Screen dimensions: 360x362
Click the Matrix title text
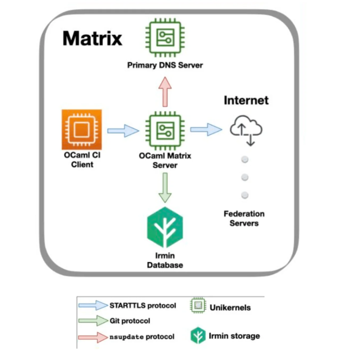tap(92, 39)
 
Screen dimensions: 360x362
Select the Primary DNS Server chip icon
tap(165, 37)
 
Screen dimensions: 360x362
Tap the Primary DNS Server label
tap(165, 65)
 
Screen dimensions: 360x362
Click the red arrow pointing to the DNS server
tap(165, 92)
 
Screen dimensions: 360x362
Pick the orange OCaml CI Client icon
tap(82, 129)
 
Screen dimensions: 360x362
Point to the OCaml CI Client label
tap(82, 160)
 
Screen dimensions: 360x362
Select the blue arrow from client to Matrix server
tap(123, 131)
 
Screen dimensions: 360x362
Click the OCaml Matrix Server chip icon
tap(165, 131)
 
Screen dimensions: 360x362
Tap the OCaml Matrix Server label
tap(165, 160)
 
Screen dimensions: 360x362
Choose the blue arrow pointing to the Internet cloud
tap(206, 129)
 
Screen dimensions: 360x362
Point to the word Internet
tap(246, 101)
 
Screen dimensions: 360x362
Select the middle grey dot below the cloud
tap(245, 177)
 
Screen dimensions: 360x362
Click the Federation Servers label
tap(244, 218)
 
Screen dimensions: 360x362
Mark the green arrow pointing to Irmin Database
tap(165, 188)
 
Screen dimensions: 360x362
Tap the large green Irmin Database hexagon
tap(165, 227)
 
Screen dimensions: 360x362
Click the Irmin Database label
tap(165, 260)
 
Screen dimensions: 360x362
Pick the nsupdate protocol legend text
tap(142, 337)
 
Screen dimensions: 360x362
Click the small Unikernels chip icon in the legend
tap(198, 305)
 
